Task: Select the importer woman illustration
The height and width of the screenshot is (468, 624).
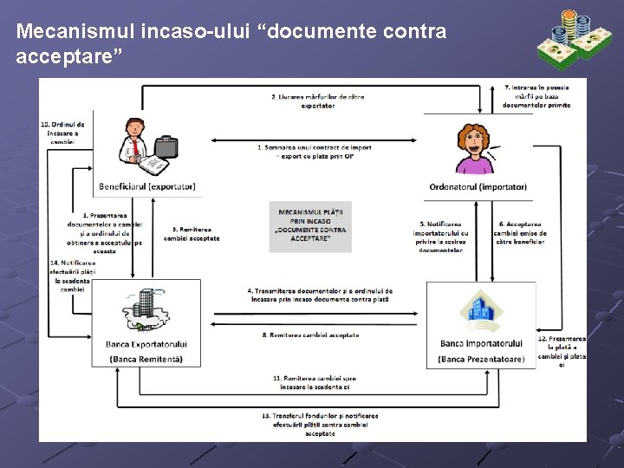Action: (472, 147)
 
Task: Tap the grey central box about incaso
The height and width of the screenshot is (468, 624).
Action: (310, 225)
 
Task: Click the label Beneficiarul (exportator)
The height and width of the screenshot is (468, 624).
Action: (147, 186)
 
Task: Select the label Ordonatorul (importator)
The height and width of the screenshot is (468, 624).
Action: (478, 186)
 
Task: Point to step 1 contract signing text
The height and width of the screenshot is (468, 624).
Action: (315, 152)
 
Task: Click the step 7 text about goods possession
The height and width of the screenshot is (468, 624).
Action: (537, 96)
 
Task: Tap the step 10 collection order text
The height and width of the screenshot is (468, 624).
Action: (62, 133)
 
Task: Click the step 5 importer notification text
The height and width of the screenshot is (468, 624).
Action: (440, 237)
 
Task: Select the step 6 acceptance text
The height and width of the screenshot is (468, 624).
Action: (519, 233)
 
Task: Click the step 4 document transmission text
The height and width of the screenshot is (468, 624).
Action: (320, 295)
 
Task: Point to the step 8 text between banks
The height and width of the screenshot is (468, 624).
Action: (310, 335)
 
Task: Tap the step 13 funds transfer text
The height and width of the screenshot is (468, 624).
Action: (320, 424)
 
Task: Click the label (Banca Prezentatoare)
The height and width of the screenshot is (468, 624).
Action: (481, 359)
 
